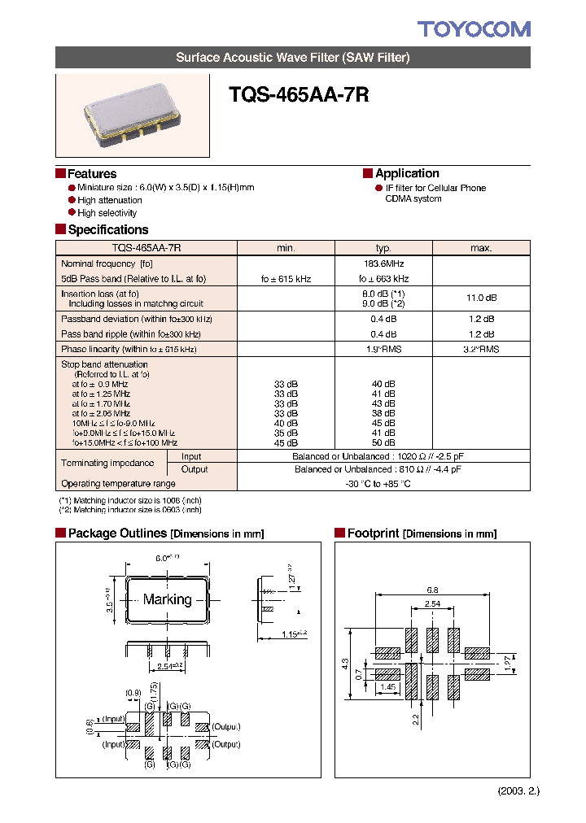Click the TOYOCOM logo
(474, 30)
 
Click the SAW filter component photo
(132, 116)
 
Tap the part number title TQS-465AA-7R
(300, 95)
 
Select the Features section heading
(91, 174)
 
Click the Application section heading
(407, 173)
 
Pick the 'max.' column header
(481, 248)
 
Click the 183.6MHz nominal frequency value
(383, 263)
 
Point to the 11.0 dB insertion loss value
(481, 298)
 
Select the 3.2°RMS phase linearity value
(481, 349)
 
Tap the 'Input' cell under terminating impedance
(191, 457)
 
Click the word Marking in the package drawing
(168, 599)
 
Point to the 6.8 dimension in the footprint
(432, 590)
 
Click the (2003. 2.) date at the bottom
(518, 791)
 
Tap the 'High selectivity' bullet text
(107, 213)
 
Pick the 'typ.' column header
(383, 248)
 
